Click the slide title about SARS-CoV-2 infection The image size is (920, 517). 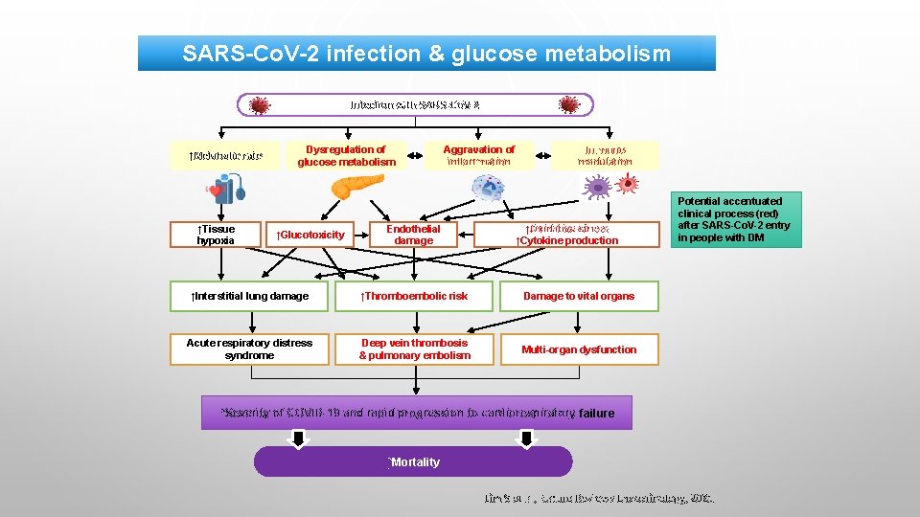tap(426, 54)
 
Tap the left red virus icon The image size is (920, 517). tap(259, 104)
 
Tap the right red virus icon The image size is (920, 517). tap(569, 104)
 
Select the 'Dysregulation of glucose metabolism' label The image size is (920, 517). tap(346, 155)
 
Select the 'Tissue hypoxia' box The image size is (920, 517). tap(216, 235)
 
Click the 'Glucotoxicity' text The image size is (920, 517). tap(310, 235)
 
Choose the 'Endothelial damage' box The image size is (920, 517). tap(413, 235)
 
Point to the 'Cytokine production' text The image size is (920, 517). tap(567, 240)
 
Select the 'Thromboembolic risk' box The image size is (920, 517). tap(414, 296)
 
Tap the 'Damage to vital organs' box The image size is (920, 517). tap(579, 296)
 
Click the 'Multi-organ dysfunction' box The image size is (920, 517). tap(579, 349)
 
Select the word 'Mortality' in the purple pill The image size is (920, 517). tap(414, 461)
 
